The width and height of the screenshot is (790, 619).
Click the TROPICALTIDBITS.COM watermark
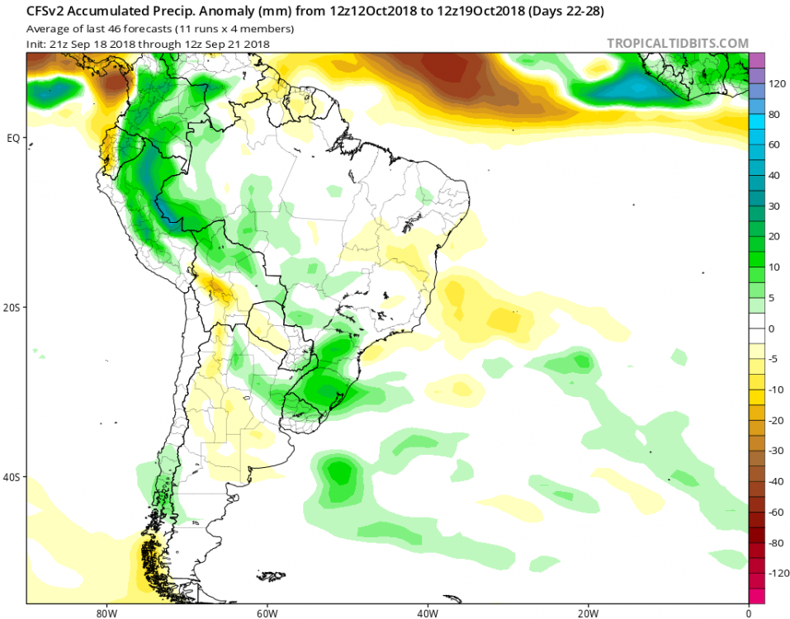[678, 43]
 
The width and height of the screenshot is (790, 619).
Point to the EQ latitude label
[13, 138]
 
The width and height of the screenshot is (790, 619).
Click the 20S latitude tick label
[13, 307]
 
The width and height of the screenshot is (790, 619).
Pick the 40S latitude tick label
[13, 477]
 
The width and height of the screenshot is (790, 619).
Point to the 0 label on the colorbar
[773, 328]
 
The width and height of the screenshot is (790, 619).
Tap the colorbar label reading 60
[775, 145]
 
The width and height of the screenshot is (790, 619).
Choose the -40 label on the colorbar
[775, 481]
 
